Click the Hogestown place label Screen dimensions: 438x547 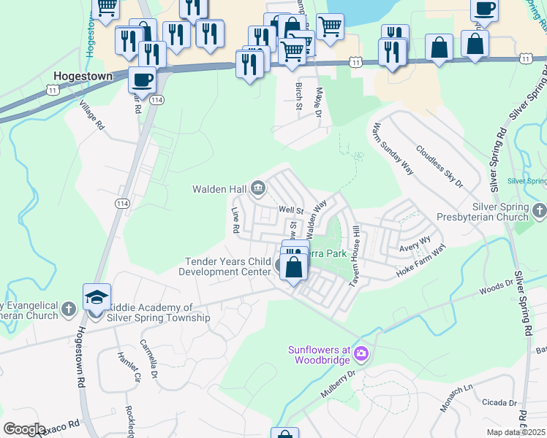pos(82,75)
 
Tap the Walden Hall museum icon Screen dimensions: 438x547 pos(257,189)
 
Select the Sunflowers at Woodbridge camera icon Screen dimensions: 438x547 pos(361,354)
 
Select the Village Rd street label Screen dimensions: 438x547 pos(93,116)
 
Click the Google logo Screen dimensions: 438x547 pos(24,429)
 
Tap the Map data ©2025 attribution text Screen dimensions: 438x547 pos(516,432)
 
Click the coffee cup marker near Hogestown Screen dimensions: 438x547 pos(142,79)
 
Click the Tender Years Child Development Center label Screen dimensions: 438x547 pos(228,266)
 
